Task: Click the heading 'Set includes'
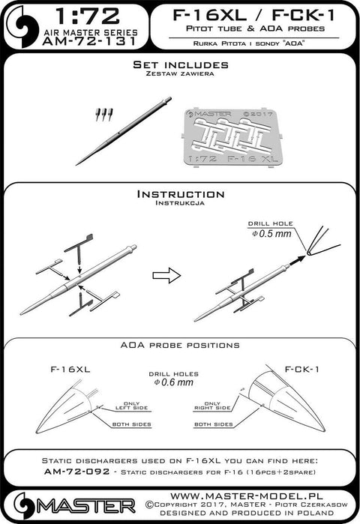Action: [179, 66]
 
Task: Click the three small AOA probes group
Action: [105, 115]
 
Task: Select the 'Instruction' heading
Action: [179, 193]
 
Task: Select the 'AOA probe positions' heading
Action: [179, 346]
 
